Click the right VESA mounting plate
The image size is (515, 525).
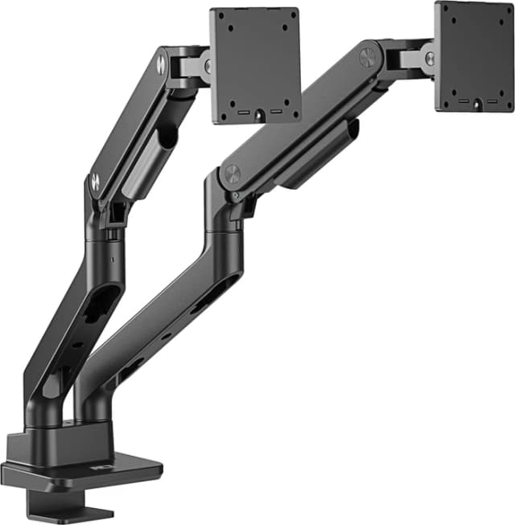(x=473, y=56)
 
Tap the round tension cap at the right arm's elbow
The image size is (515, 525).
(x=232, y=174)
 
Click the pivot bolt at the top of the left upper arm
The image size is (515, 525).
(x=161, y=64)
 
